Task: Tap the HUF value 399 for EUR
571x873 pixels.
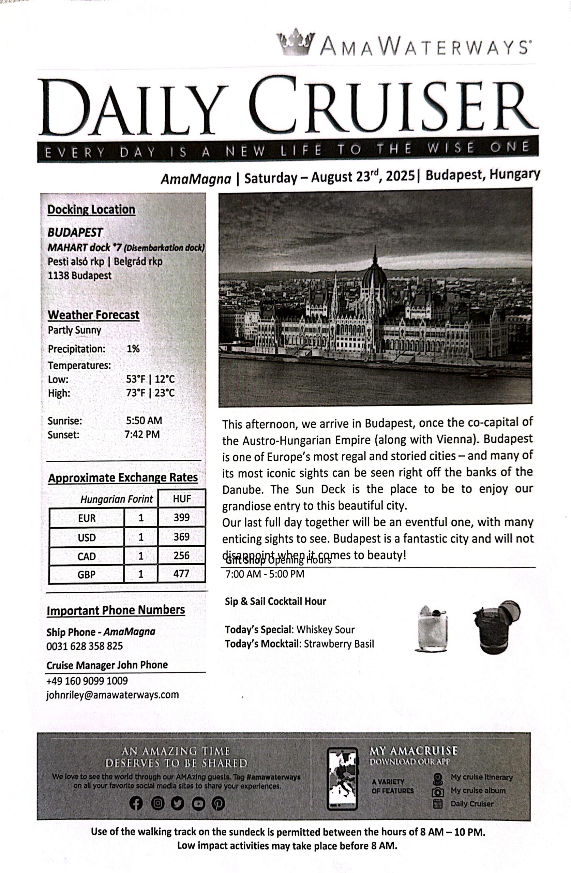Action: tap(182, 517)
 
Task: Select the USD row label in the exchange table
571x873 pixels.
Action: tap(87, 537)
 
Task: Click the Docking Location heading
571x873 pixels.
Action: tap(91, 209)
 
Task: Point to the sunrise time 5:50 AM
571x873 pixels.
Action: tap(144, 420)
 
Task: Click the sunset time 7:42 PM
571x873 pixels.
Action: tap(142, 434)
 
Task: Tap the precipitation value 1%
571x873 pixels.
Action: tap(133, 349)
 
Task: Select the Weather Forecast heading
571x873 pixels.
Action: tap(93, 315)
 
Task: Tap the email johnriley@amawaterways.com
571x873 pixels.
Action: tap(112, 695)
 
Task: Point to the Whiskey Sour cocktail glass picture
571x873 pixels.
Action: tap(432, 628)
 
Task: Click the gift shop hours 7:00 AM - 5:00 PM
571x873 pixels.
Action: tap(265, 574)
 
